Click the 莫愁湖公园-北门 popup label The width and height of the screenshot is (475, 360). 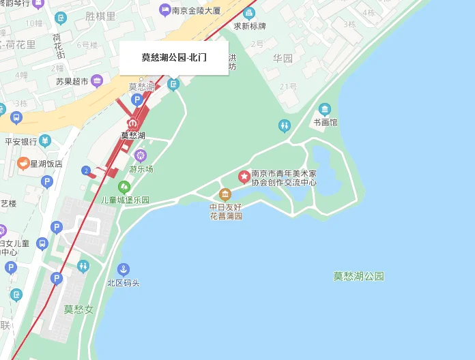173,58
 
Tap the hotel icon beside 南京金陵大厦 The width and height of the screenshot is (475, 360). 164,10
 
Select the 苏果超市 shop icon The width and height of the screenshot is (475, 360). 96,82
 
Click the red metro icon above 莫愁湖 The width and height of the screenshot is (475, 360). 133,123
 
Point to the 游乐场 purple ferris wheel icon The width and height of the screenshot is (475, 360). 141,155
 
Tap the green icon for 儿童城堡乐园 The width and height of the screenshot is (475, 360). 124,187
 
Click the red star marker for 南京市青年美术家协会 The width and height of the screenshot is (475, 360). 244,177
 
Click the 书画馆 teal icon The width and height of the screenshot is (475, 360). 325,110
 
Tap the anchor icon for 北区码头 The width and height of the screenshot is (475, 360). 124,269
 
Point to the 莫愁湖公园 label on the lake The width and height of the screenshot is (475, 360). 358,276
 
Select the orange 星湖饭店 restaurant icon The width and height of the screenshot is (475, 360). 23,164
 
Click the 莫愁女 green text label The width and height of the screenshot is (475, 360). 78,309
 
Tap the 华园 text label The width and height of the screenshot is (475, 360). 283,59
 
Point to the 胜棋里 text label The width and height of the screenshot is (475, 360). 100,15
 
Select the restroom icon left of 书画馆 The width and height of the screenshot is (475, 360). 285,125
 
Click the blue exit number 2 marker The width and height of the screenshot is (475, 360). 86,170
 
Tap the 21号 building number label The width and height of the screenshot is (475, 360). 288,87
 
